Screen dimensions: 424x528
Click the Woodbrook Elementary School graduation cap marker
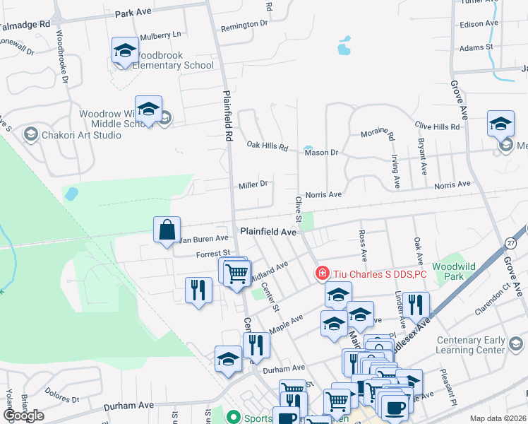click(x=125, y=51)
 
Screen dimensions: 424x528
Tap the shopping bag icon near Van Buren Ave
click(x=167, y=230)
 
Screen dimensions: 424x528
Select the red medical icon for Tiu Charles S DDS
click(x=322, y=272)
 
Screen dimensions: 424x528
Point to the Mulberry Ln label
click(x=161, y=34)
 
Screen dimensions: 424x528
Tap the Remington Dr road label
click(x=244, y=23)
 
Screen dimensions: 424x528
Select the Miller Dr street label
click(x=253, y=184)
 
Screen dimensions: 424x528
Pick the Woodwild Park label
click(x=449, y=271)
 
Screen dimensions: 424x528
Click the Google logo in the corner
click(x=23, y=416)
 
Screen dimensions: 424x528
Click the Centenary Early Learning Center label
click(x=470, y=345)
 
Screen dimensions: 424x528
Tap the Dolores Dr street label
click(x=61, y=389)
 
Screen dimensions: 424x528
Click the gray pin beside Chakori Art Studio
click(x=30, y=134)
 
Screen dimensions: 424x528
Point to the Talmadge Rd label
click(x=25, y=25)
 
